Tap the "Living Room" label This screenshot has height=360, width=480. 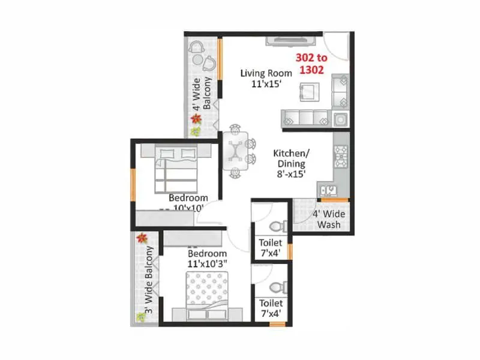coord(266,73)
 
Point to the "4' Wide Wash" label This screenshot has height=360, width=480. coord(326,220)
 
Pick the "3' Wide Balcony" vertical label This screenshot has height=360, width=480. coord(146,281)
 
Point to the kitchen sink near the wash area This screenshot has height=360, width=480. coord(329,191)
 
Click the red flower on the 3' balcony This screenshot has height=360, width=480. coord(142,238)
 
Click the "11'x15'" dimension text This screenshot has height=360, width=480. coord(266,85)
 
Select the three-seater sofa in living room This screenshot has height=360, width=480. coord(306,117)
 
